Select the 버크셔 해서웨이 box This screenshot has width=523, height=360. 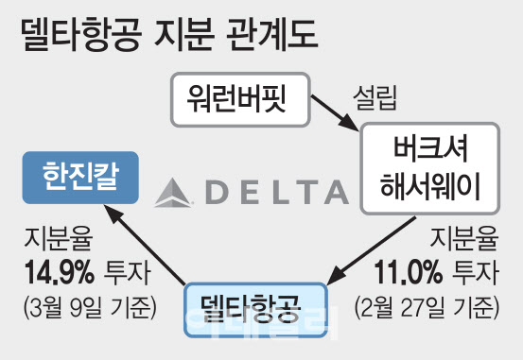pyautogui.click(x=430, y=168)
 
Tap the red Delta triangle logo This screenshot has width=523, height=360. pyautogui.click(x=171, y=193)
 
